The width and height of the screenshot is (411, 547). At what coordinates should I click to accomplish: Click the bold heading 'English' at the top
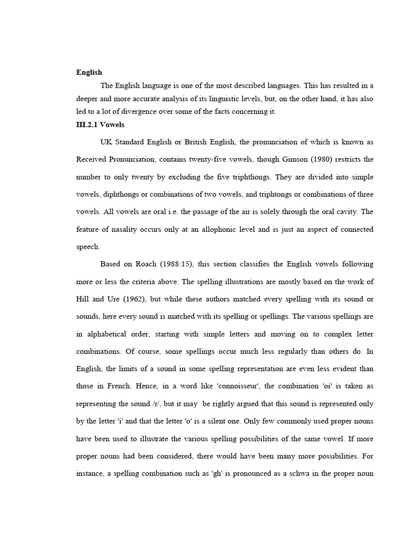click(x=89, y=72)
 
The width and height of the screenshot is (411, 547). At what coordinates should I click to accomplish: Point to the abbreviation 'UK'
click(x=107, y=142)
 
